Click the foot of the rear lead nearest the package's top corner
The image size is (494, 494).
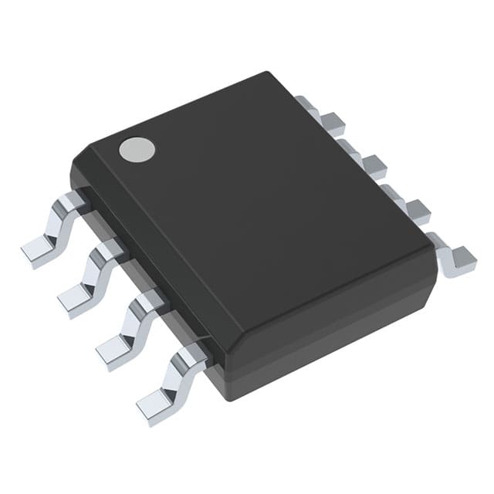(333, 120)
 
